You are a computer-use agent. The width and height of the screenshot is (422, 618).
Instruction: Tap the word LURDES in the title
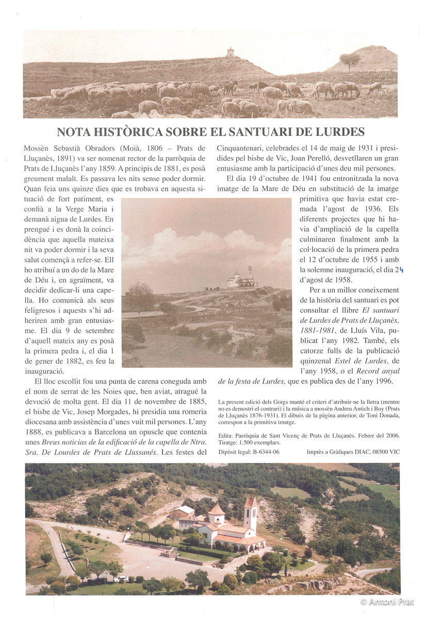click(337, 132)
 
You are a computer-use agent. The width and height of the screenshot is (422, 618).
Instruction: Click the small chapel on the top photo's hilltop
click(230, 52)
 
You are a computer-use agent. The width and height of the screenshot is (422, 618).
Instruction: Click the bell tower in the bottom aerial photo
click(250, 514)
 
